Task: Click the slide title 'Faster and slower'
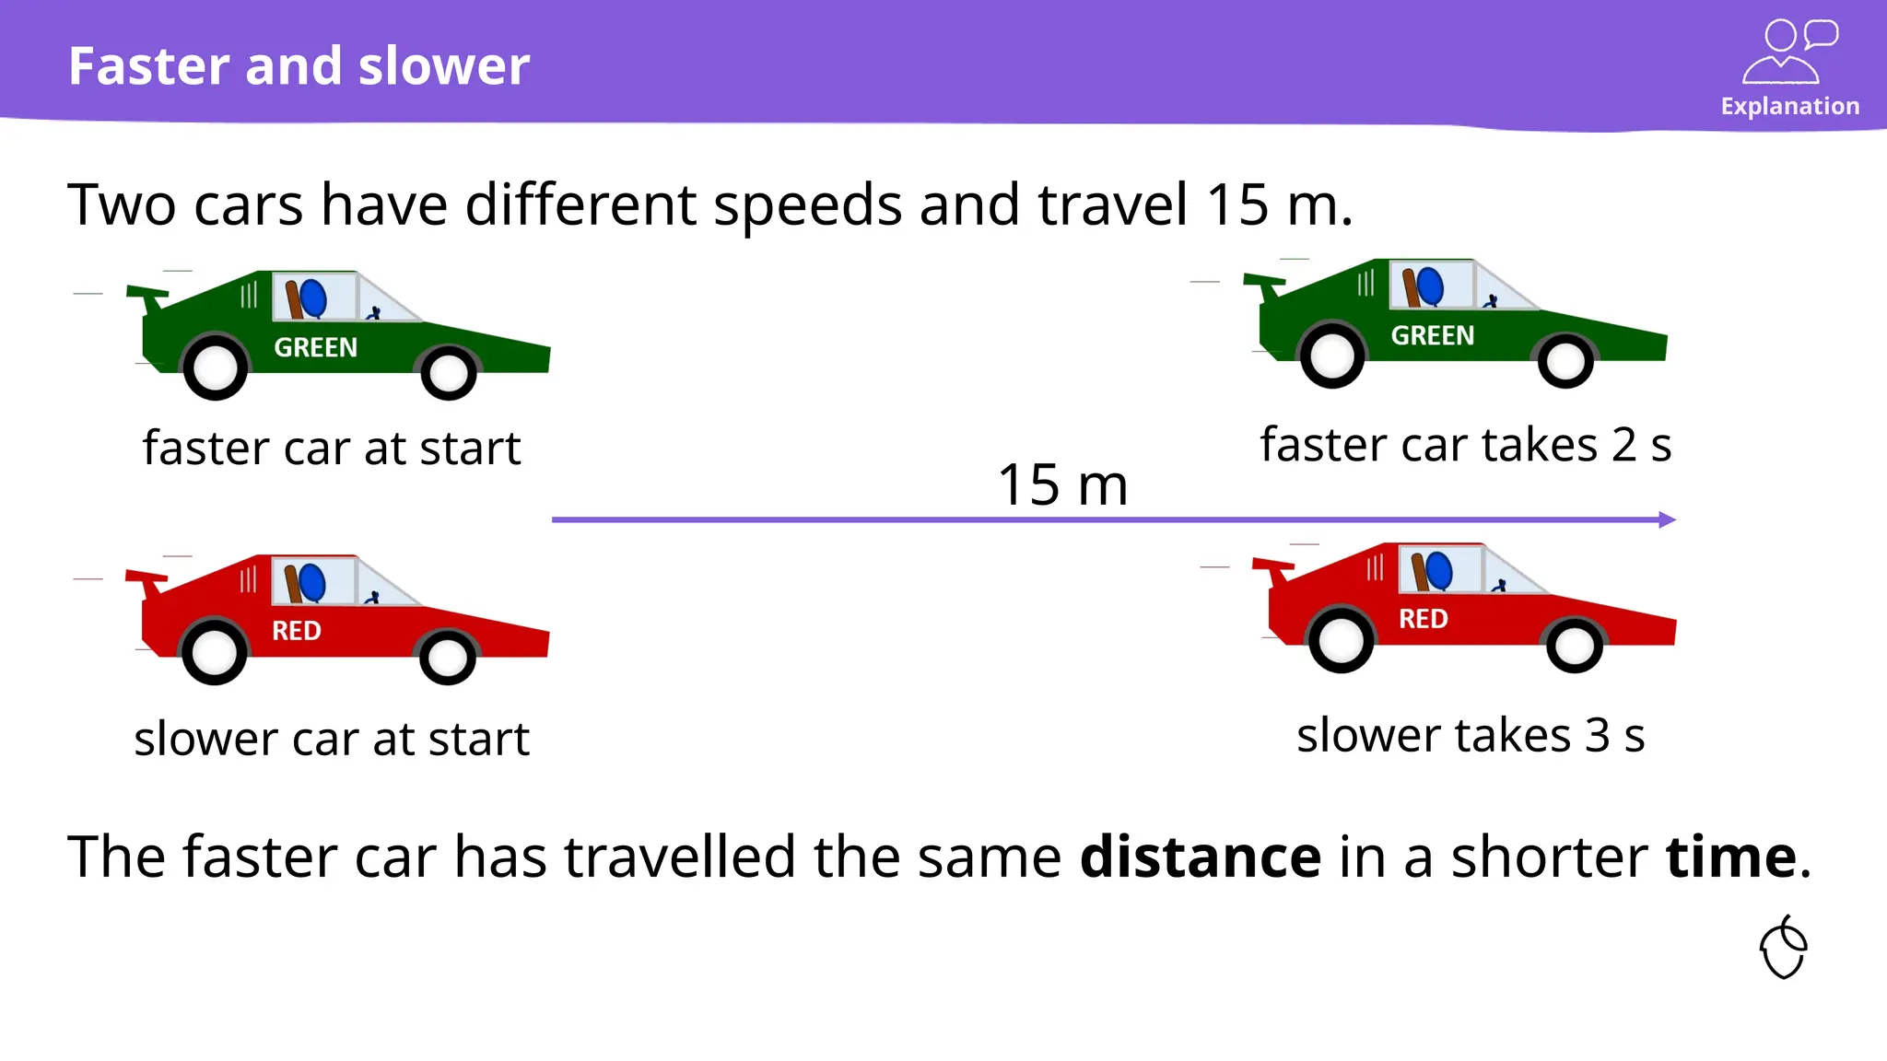point(299,66)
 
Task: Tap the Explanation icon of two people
point(1789,52)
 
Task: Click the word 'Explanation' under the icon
point(1789,107)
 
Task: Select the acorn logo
point(1784,948)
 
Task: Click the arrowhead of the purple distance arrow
point(1667,519)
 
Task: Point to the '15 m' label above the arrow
point(1062,485)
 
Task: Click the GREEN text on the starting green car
point(315,347)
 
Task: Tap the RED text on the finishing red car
point(1423,619)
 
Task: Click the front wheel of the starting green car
point(449,372)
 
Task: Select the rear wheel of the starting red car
point(214,652)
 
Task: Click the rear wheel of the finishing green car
point(1331,356)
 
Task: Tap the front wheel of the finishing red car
point(1574,645)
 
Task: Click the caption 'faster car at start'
point(332,449)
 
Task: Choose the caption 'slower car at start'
point(332,739)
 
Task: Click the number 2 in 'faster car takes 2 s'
point(1623,446)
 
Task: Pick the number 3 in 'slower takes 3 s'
point(1598,736)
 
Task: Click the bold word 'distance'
point(1200,857)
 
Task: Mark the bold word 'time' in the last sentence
point(1730,857)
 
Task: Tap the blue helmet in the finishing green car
point(1430,286)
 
